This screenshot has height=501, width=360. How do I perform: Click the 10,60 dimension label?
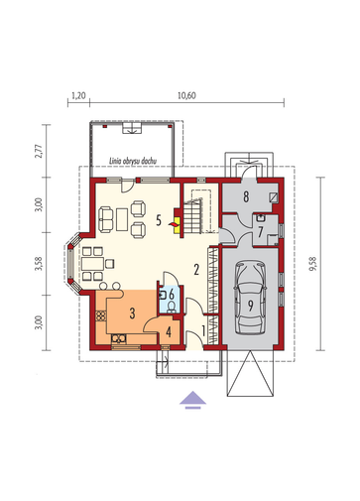[186, 95]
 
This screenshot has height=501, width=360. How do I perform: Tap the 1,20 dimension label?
[78, 95]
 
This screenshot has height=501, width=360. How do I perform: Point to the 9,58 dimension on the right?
[312, 264]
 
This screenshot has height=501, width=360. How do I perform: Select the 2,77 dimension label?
[39, 151]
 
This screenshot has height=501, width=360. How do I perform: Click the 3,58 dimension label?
[39, 263]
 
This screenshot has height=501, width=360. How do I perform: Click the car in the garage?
[250, 298]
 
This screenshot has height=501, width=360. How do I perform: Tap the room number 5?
[159, 220]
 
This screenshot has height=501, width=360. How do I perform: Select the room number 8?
[246, 196]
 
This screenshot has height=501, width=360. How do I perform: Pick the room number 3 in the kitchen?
[132, 313]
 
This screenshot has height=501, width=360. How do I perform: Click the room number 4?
[169, 332]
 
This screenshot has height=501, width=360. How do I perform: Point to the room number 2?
[196, 270]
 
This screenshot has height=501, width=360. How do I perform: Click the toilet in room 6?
[172, 307]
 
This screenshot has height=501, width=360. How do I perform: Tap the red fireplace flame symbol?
[174, 225]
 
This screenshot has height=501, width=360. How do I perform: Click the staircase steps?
[192, 216]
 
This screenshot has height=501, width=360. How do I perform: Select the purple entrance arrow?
[193, 400]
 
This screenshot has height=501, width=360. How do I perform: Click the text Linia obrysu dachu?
[133, 161]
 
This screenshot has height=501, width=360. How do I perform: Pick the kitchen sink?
[119, 339]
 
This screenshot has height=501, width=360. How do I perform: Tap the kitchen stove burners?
[100, 315]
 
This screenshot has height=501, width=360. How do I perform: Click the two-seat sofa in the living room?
[106, 218]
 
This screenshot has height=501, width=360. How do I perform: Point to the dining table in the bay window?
[93, 264]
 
